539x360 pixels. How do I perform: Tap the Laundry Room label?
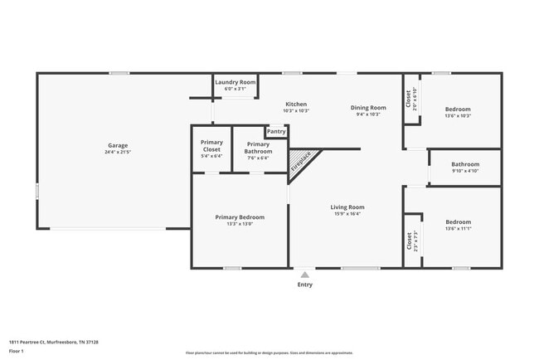(x=235, y=82)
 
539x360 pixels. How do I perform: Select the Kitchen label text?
(x=296, y=105)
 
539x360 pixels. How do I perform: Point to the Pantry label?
(x=276, y=131)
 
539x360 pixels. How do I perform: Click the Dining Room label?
(x=368, y=108)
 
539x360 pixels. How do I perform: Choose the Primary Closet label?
(x=211, y=146)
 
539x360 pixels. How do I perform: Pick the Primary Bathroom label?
(x=259, y=147)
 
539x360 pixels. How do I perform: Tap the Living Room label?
(x=347, y=207)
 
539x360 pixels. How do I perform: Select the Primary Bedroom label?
(x=240, y=217)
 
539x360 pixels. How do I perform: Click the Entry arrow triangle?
(x=305, y=275)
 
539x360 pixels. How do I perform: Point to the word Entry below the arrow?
(x=305, y=285)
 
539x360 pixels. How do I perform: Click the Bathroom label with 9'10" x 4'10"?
(x=465, y=164)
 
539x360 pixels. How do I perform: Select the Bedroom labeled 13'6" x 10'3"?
(x=458, y=109)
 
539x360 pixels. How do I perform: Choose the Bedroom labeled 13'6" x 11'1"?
(x=458, y=222)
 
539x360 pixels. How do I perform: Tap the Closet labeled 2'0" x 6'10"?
(x=409, y=100)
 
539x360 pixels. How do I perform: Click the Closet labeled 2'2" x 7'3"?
(x=409, y=241)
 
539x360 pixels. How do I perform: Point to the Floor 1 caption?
(x=16, y=352)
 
